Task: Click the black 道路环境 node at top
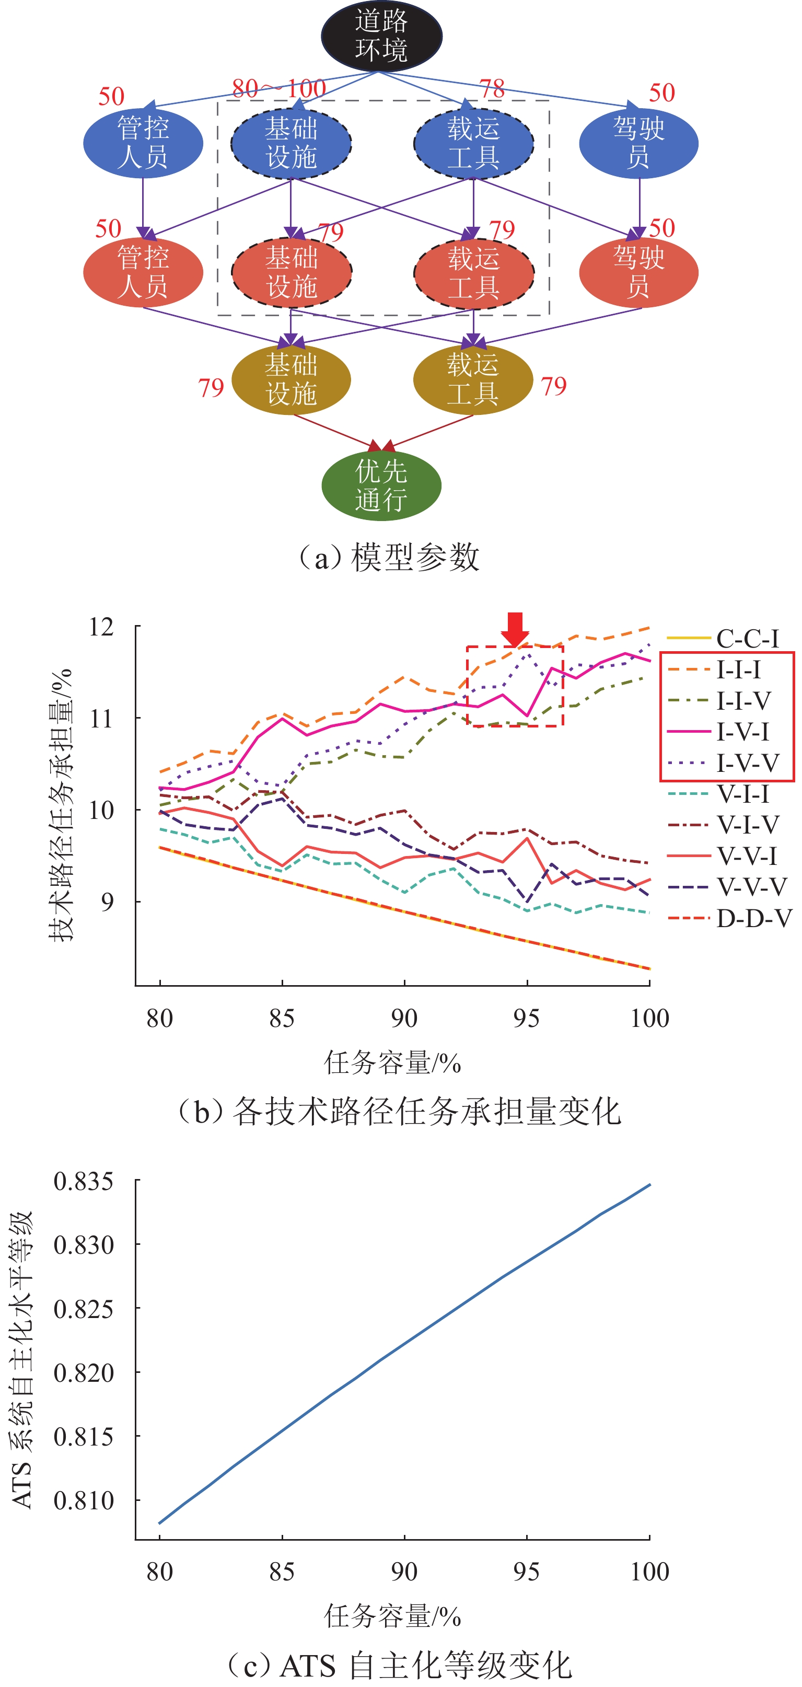tap(381, 36)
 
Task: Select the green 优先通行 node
tap(381, 486)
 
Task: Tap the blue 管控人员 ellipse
tap(143, 143)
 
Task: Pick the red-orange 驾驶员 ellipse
tap(638, 272)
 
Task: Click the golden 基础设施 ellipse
tap(292, 379)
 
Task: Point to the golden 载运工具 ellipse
tap(473, 379)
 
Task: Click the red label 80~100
tap(279, 88)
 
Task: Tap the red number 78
tap(492, 88)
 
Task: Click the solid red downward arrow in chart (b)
tap(515, 629)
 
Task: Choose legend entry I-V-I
tap(743, 732)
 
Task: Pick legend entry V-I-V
tap(748, 825)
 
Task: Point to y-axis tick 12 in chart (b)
tap(101, 627)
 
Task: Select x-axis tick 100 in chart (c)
tap(649, 1571)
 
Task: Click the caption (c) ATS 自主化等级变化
tap(399, 1666)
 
